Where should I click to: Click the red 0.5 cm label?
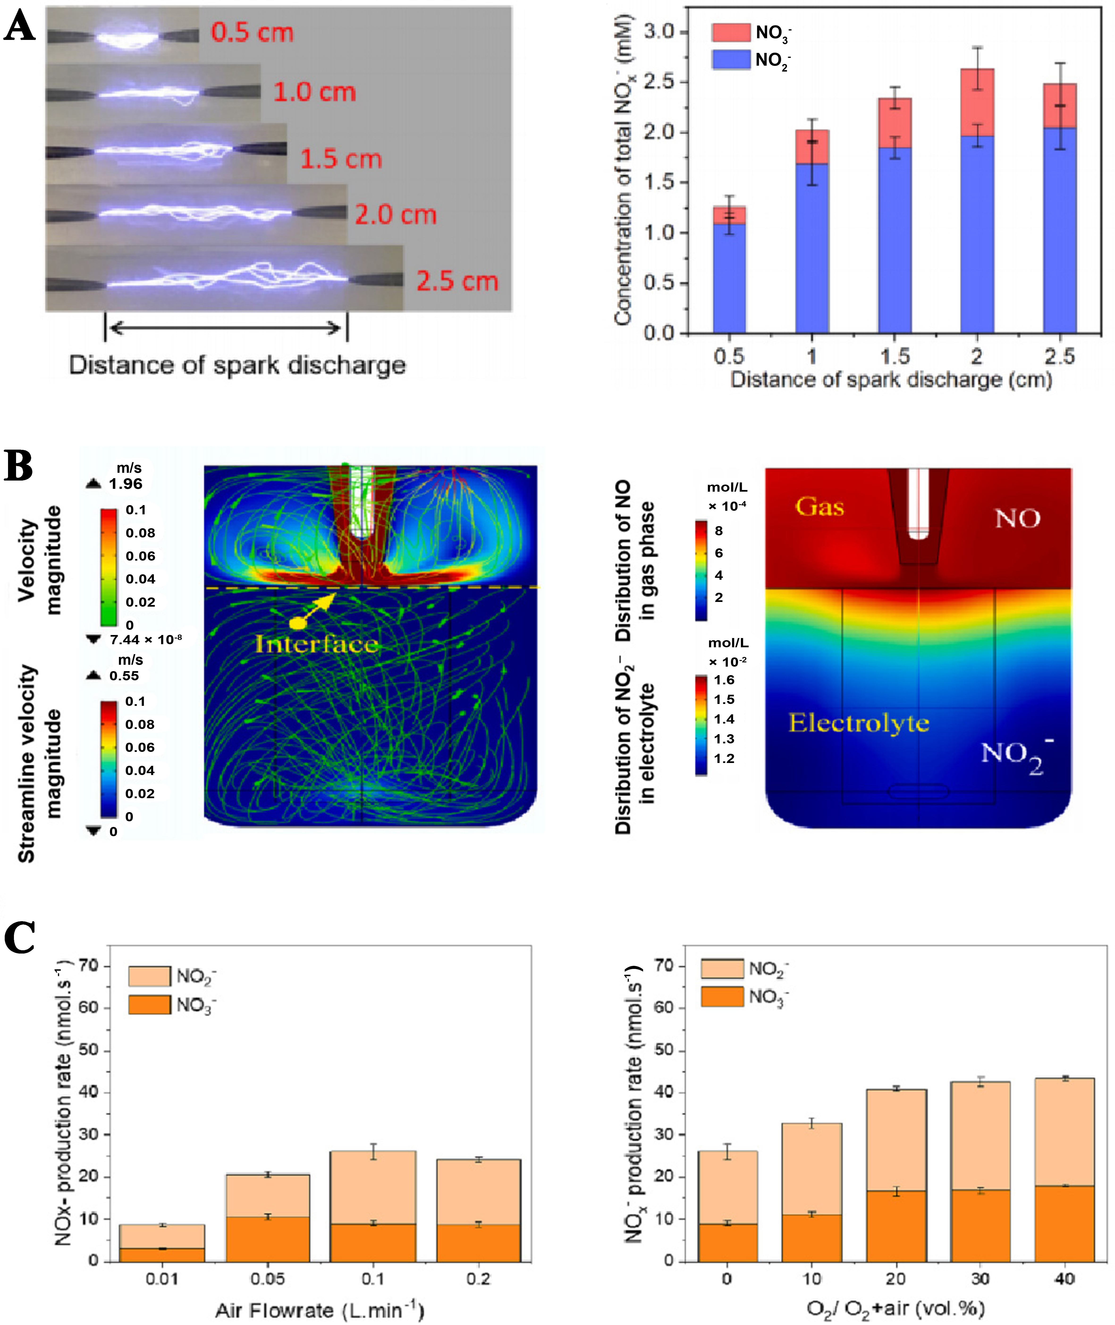pyautogui.click(x=252, y=33)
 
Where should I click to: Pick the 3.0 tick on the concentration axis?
pyautogui.click(x=659, y=32)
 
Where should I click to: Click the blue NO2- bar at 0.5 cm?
pyautogui.click(x=729, y=278)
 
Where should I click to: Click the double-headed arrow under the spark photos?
pyautogui.click(x=226, y=328)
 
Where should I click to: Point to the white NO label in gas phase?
pyautogui.click(x=1017, y=519)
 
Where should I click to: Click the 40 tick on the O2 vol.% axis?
pyautogui.click(x=1064, y=1278)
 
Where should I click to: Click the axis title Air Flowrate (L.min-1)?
pyautogui.click(x=319, y=1310)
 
